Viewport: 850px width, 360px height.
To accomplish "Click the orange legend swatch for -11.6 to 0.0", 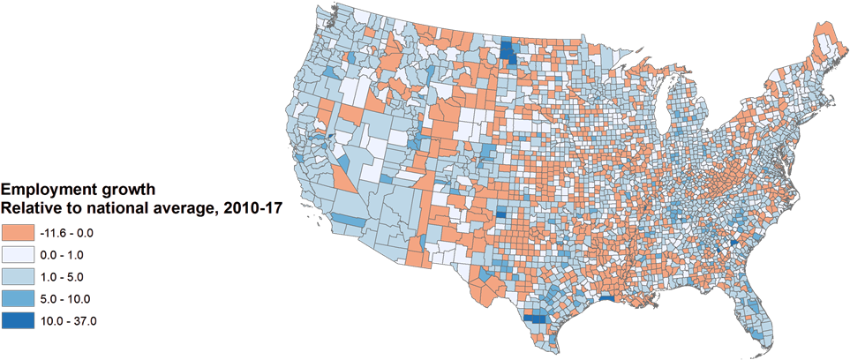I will [x=18, y=232].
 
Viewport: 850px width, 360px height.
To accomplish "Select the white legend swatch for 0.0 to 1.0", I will [x=18, y=254].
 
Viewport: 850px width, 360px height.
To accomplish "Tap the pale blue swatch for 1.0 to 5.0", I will [x=18, y=276].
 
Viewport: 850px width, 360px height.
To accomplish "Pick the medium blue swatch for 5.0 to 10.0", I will [x=18, y=298].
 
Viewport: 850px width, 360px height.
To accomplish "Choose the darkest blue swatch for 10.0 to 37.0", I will [x=18, y=320].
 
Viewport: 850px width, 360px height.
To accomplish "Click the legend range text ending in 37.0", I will [x=68, y=320].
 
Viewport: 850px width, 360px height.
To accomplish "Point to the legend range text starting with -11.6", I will [x=68, y=232].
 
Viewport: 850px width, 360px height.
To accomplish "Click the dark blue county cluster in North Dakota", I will [x=509, y=53].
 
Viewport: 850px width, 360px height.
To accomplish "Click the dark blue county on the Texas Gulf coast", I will [x=606, y=300].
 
